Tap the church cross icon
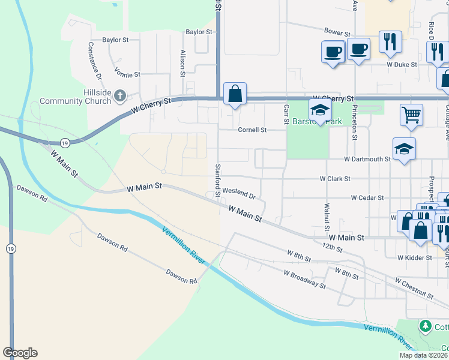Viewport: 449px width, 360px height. tap(120, 95)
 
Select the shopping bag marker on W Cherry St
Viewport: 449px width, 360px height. tap(235, 94)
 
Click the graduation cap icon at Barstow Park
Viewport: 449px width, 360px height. tap(320, 110)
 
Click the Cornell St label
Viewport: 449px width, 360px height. tap(252, 130)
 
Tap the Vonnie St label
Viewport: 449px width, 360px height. tap(128, 74)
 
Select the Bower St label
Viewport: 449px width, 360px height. tap(337, 32)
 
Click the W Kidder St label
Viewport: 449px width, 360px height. tap(415, 257)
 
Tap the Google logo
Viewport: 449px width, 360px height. tap(20, 353)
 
